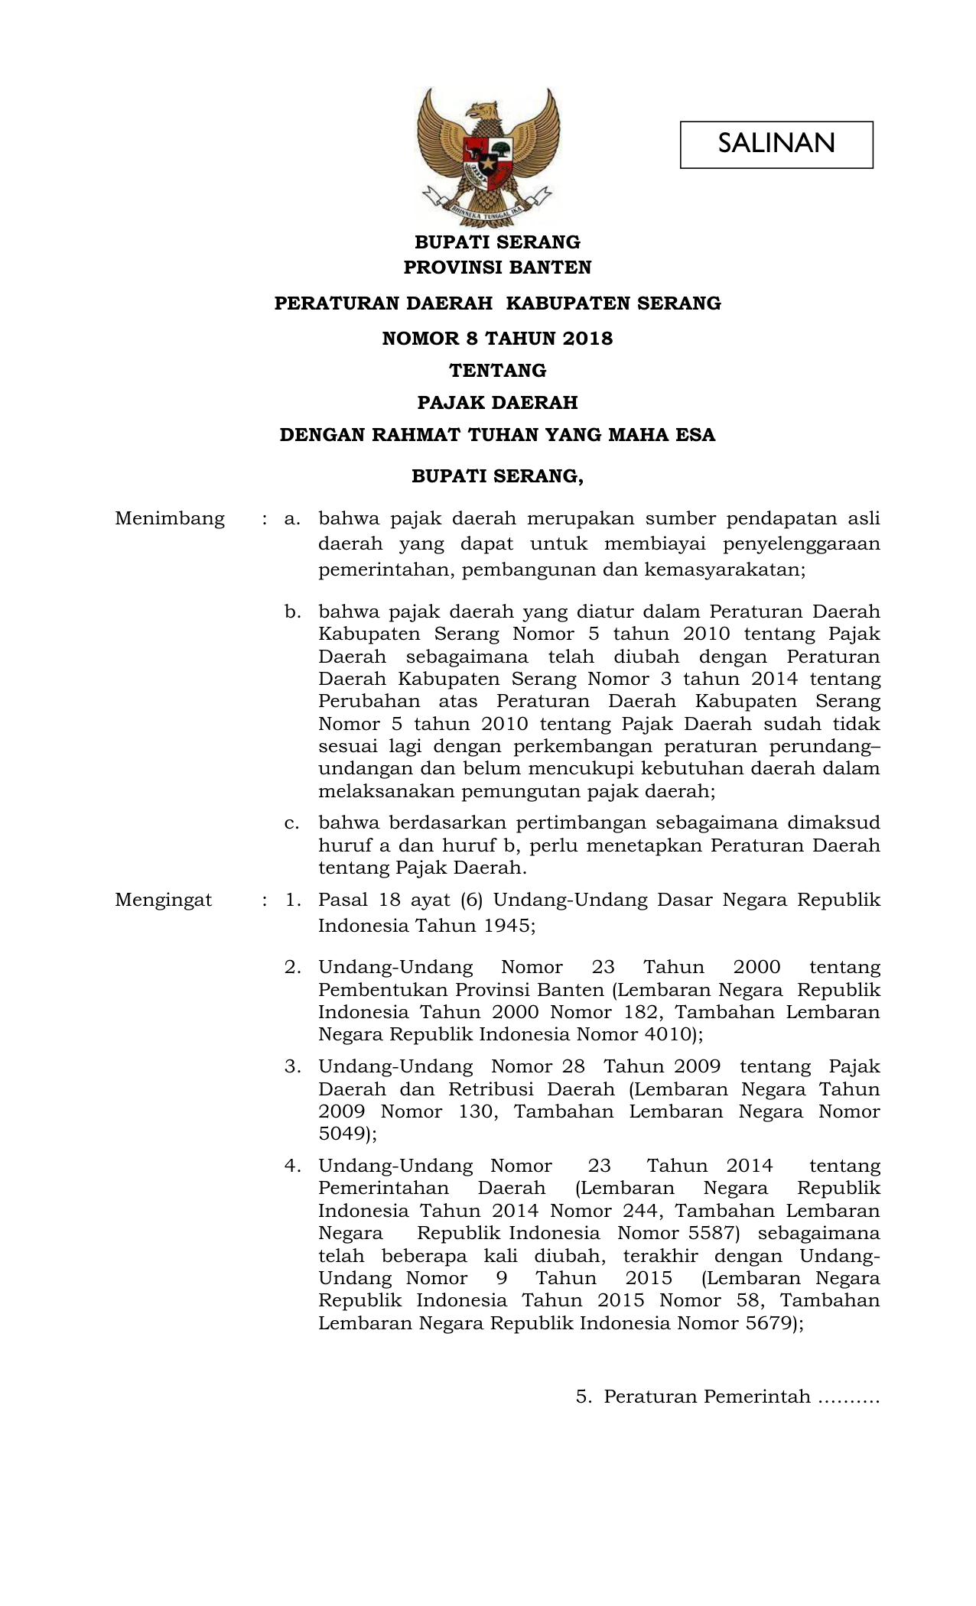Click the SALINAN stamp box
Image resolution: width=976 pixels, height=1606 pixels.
(x=776, y=144)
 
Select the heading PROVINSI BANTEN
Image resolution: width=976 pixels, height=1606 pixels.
(x=497, y=268)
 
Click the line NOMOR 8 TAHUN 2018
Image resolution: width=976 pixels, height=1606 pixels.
(x=497, y=338)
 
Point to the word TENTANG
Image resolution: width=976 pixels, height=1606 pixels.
(x=497, y=371)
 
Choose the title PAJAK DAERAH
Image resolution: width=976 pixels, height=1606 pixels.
(x=497, y=402)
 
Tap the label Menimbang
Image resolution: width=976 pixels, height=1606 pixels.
(x=170, y=518)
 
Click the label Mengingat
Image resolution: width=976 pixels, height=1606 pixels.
(x=163, y=900)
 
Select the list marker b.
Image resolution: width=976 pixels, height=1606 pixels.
(x=292, y=612)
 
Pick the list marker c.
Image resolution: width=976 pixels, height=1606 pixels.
(x=291, y=823)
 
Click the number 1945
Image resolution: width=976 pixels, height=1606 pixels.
(x=506, y=926)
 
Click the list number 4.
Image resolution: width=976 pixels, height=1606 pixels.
(x=292, y=1166)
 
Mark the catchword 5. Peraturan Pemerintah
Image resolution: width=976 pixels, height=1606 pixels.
(x=727, y=1397)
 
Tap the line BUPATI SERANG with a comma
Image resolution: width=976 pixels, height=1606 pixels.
(x=497, y=476)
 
